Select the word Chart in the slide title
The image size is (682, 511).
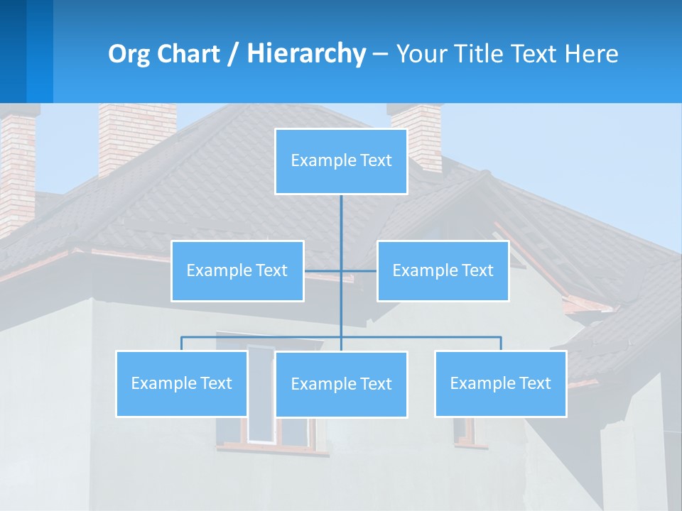(185, 54)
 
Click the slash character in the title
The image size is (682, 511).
(233, 54)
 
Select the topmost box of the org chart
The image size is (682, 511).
(341, 161)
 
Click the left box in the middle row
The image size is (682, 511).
(237, 270)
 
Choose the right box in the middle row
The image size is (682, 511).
(443, 270)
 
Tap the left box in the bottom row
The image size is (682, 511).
(181, 383)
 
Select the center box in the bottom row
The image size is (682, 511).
(341, 384)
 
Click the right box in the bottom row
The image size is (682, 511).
(500, 383)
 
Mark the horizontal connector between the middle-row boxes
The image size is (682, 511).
(340, 270)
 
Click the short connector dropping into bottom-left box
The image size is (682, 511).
(181, 344)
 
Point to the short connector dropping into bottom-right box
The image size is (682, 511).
(501, 344)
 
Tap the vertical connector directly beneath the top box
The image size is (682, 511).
(341, 220)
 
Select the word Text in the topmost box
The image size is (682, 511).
(376, 161)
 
